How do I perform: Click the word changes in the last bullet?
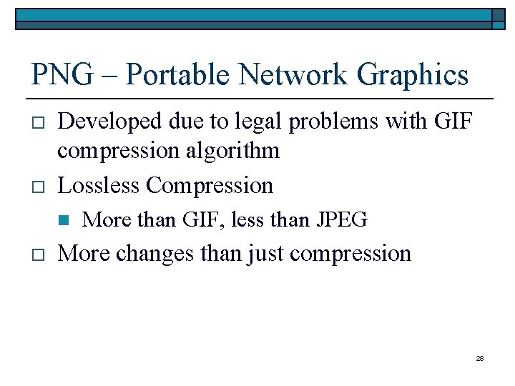pyautogui.click(x=155, y=253)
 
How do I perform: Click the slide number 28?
pyautogui.click(x=479, y=358)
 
